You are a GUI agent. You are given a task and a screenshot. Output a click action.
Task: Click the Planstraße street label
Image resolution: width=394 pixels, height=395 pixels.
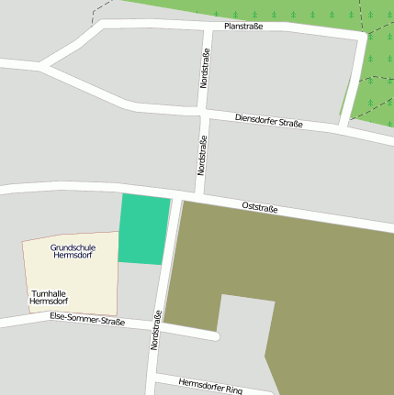tap(243, 27)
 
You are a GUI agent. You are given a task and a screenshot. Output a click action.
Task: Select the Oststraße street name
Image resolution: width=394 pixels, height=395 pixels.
tap(260, 208)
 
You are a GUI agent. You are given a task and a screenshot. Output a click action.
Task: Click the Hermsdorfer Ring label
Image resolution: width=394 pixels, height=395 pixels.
tap(210, 386)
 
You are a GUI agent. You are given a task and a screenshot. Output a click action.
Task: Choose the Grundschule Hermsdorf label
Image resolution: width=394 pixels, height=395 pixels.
tap(71, 249)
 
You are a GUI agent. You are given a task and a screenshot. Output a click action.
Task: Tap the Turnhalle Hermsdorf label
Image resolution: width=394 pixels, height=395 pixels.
tap(49, 297)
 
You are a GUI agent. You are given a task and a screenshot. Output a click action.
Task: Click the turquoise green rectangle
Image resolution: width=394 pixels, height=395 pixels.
tap(144, 229)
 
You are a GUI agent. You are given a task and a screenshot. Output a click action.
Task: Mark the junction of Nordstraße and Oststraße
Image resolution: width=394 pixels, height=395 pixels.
tap(177, 193)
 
